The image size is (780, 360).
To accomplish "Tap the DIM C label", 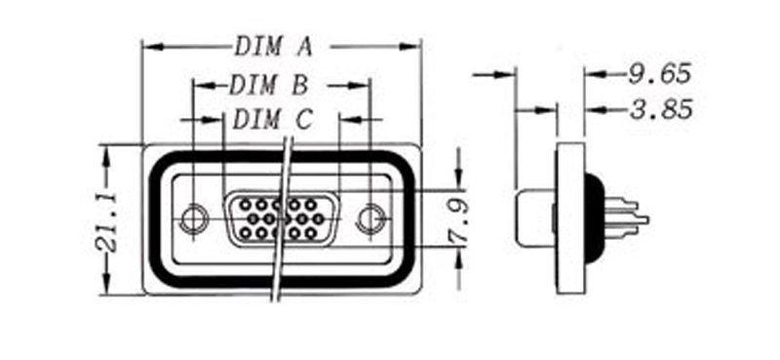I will click(x=273, y=120).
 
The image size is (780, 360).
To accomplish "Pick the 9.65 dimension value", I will click(x=659, y=73).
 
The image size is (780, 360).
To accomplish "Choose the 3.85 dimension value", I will click(x=660, y=109).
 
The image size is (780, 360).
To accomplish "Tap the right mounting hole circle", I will click(x=370, y=219).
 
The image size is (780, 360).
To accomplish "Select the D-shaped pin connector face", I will click(x=275, y=219).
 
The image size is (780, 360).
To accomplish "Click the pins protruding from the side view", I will click(x=628, y=217).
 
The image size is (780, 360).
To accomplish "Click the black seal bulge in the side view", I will click(x=594, y=217).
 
